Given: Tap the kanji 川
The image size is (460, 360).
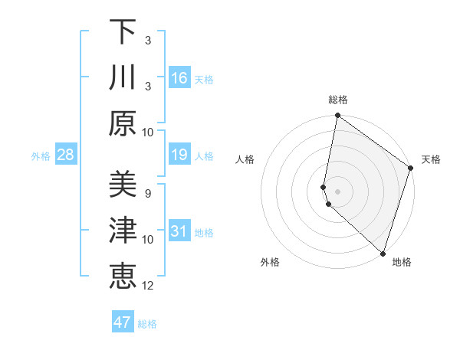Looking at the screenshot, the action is (x=123, y=77).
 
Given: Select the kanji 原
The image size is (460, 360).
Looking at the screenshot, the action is (x=123, y=123).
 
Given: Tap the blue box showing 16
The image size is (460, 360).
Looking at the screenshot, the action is (x=179, y=78).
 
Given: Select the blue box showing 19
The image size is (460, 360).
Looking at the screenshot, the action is (x=179, y=155).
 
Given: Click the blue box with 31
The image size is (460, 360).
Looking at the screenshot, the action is (x=179, y=232).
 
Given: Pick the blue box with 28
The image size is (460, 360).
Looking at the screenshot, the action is (x=65, y=155).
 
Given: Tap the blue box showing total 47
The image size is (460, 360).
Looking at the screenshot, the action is (x=123, y=322).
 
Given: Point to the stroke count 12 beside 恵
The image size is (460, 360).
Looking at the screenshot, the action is (x=148, y=286).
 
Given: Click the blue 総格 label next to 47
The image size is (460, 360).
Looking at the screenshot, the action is (x=147, y=324).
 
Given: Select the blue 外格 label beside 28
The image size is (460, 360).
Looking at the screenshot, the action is (x=41, y=156).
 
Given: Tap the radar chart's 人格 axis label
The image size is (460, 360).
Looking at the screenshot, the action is (x=245, y=159).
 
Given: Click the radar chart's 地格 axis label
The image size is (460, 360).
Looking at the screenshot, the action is (x=402, y=262).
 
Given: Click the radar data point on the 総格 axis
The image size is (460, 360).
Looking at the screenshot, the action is (x=337, y=116).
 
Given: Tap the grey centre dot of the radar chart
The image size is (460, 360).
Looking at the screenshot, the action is (x=337, y=191).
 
